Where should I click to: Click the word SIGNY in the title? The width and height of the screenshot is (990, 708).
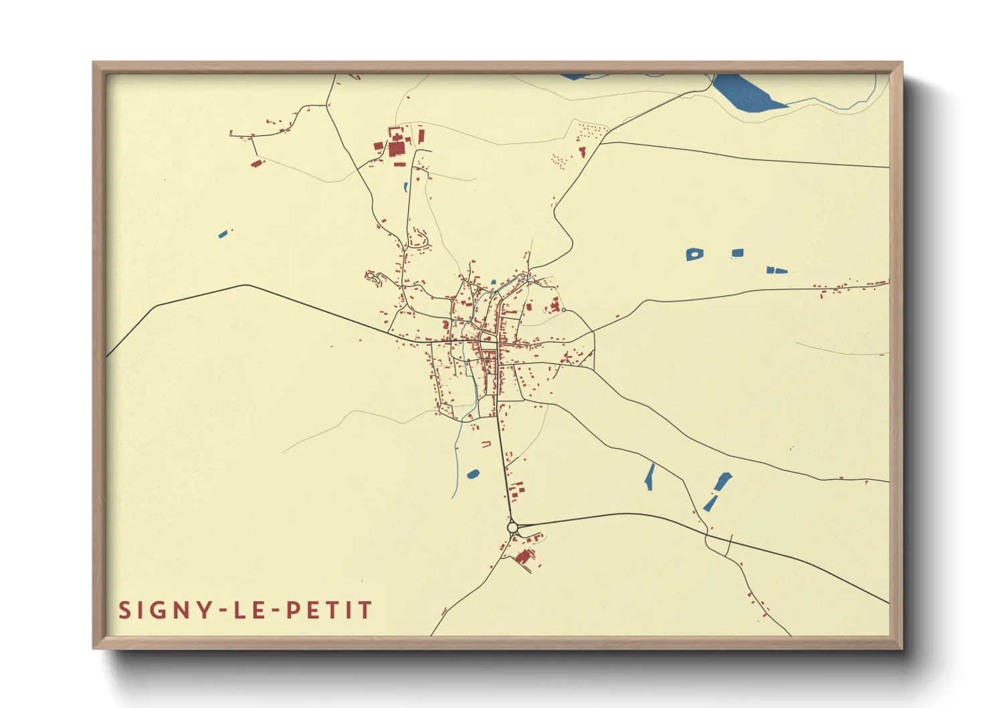point(161,610)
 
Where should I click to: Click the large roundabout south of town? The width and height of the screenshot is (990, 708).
point(513,528)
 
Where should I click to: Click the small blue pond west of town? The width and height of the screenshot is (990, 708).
point(223,234)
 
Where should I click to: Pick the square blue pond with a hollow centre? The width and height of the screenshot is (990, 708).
point(694,254)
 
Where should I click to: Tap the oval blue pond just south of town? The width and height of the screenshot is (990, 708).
point(473,474)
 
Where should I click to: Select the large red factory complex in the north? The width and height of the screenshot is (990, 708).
point(397,146)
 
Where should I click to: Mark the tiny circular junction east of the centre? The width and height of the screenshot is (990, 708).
point(564,310)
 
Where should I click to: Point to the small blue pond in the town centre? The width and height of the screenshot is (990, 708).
point(494,283)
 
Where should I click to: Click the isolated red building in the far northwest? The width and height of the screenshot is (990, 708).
point(256,163)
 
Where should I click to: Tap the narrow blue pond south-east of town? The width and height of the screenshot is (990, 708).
point(649,476)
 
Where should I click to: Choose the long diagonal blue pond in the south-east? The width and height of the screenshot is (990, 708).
point(716,491)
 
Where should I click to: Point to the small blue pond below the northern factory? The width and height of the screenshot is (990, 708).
point(405,187)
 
